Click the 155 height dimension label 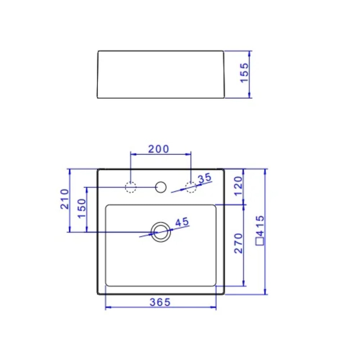(244, 73)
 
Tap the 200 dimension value (158, 149)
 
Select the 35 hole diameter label (204, 178)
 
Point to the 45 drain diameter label (182, 222)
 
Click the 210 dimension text (64, 199)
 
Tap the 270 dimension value (239, 243)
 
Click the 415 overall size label (260, 225)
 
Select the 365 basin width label (160, 302)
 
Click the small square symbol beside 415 (260, 241)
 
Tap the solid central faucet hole (161, 187)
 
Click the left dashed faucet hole (130, 187)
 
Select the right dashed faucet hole (190, 187)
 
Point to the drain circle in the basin (161, 232)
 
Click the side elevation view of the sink (161, 74)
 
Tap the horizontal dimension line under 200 (161, 154)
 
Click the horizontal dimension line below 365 (161, 307)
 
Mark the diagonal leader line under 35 (180, 190)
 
